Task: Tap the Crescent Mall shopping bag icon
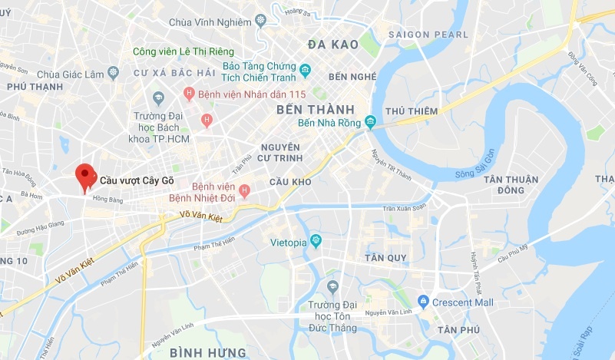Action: point(422,302)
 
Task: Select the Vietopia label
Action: point(289,243)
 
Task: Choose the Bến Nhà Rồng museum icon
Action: point(369,124)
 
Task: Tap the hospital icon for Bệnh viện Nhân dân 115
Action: point(189,94)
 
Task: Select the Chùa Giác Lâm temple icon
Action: point(114,73)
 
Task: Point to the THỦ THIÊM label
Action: point(412,111)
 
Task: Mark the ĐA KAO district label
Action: point(332,45)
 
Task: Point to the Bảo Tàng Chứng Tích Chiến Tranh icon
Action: point(305,71)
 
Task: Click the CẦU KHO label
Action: point(290,181)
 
